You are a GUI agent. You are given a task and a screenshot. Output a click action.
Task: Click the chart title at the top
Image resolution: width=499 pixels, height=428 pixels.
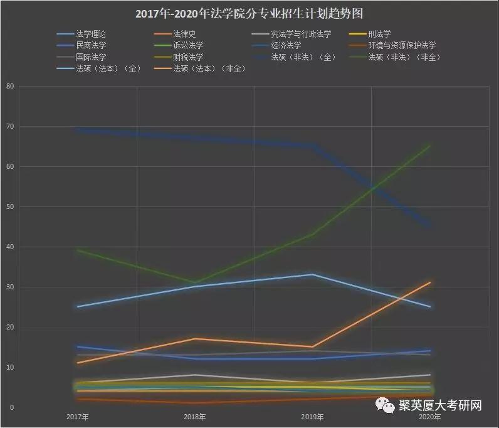(x=249, y=13)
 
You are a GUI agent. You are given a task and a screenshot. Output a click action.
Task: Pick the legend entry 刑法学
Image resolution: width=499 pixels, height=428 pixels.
(x=379, y=35)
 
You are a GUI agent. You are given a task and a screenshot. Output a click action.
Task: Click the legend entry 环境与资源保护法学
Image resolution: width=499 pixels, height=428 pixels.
(x=401, y=46)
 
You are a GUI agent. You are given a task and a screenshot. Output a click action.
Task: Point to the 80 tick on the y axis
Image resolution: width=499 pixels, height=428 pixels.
(x=9, y=87)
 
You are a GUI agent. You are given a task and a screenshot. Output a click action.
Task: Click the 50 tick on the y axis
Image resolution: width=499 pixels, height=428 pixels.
(x=9, y=207)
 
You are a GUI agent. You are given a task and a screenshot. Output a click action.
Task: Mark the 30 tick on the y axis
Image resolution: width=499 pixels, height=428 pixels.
(x=9, y=287)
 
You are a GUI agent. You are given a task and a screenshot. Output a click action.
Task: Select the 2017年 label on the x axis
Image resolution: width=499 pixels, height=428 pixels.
(x=77, y=417)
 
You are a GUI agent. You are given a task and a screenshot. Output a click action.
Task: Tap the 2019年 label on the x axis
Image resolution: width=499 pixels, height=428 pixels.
(x=312, y=417)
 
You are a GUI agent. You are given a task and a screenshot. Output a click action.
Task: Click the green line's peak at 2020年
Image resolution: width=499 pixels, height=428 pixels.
(x=429, y=146)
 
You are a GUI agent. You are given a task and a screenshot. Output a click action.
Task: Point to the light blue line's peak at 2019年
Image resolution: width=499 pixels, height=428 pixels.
(x=312, y=274)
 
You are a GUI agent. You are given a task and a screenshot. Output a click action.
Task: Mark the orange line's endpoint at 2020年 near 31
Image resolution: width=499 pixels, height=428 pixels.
(x=429, y=282)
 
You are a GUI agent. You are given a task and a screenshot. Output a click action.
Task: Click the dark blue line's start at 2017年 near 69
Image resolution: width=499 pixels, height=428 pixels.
(x=77, y=130)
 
